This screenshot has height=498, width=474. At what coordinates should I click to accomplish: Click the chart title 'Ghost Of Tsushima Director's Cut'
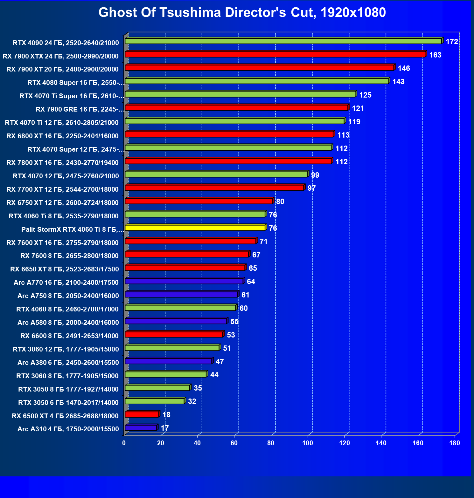(242, 13)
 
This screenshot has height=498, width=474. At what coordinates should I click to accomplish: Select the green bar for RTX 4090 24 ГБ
(283, 41)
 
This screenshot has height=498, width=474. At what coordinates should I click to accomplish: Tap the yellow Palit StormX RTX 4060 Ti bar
(195, 228)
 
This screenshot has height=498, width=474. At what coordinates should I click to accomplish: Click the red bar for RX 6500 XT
(142, 414)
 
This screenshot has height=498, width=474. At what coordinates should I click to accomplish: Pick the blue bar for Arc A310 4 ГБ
(141, 428)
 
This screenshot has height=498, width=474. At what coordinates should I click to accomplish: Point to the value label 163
(435, 55)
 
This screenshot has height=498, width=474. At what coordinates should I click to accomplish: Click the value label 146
(404, 68)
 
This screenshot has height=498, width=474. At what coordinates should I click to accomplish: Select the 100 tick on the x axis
(308, 443)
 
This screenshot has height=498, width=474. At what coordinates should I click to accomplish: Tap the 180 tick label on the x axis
(455, 443)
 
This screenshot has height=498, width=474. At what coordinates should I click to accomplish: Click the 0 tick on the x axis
(124, 443)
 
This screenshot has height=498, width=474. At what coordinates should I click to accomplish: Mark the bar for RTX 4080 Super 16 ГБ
(256, 81)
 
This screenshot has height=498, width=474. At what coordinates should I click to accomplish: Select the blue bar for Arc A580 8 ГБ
(176, 321)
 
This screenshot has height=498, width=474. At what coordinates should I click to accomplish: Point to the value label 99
(315, 175)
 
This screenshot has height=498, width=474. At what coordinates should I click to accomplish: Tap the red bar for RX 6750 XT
(199, 201)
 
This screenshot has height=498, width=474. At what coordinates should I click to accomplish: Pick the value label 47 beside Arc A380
(220, 362)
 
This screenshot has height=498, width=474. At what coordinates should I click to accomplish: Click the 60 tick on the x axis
(234, 443)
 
